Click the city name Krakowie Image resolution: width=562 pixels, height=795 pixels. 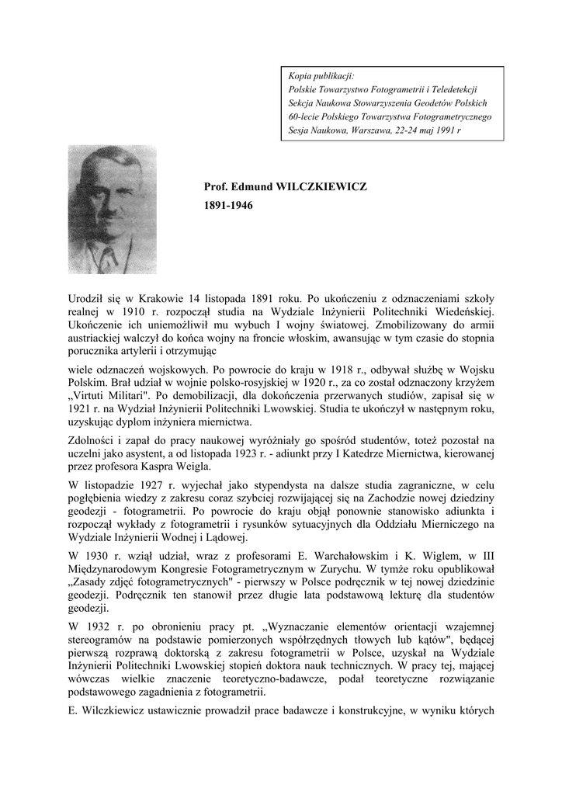pos(157,298)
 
